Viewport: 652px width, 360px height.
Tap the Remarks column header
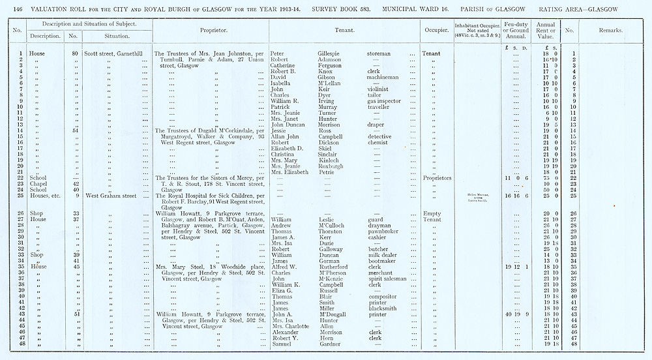pyautogui.click(x=610, y=31)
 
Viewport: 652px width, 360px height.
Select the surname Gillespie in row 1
pyautogui.click(x=333, y=53)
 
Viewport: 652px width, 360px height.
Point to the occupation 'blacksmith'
pyautogui.click(x=385, y=308)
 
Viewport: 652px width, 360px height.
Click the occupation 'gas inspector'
pyautogui.click(x=387, y=101)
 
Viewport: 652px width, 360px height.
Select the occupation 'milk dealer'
pyautogui.click(x=385, y=255)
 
